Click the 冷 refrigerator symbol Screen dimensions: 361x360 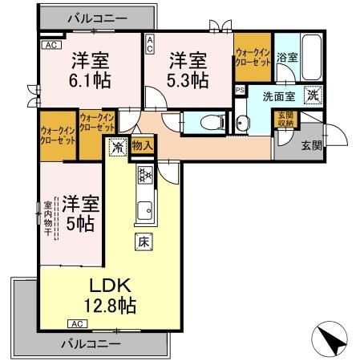[x=117, y=147]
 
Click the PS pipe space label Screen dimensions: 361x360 [x=240, y=90]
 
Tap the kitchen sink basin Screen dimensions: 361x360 [x=145, y=212]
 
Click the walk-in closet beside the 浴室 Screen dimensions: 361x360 [x=253, y=56]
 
